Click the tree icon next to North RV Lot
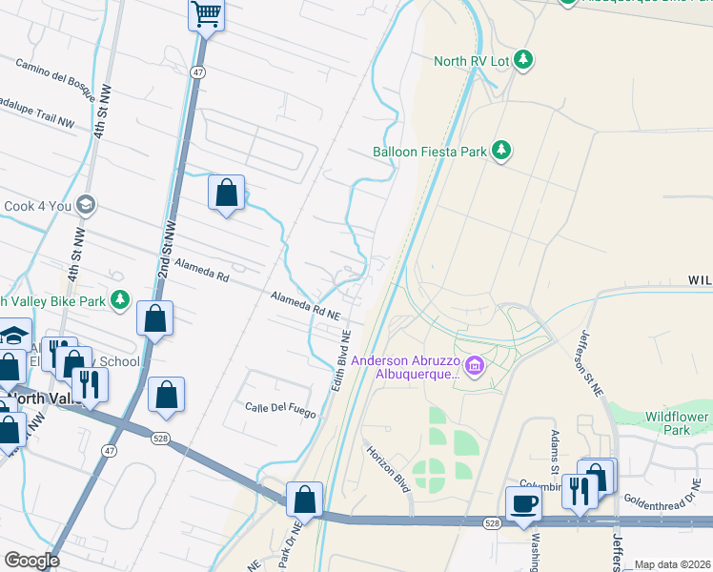[x=522, y=61]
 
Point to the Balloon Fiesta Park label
[x=429, y=151]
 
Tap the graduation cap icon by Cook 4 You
[x=86, y=205]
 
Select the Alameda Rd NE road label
[x=305, y=306]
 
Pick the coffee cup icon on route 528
[x=523, y=503]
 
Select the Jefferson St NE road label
[x=587, y=363]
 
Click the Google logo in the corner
[x=32, y=561]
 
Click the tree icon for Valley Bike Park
[x=119, y=300]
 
